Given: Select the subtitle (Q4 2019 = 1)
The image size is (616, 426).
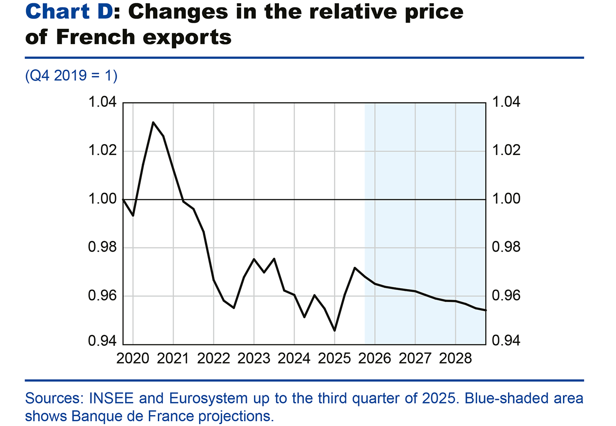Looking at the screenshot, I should [x=71, y=76].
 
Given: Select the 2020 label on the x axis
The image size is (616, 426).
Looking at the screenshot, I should [x=133, y=358].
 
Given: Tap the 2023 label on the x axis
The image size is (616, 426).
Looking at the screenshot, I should [x=254, y=358].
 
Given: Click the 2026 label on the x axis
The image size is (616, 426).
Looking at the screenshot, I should [x=375, y=358].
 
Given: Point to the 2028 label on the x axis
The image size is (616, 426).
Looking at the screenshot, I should [x=455, y=358].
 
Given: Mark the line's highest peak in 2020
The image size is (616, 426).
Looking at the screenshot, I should [x=153, y=122].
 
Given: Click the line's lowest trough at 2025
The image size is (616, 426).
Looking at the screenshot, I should [x=335, y=330].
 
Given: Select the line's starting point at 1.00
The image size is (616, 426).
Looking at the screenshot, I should [x=123, y=199].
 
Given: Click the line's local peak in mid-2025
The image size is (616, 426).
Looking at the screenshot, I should [x=354, y=268].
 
